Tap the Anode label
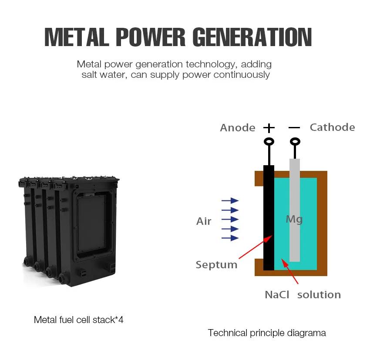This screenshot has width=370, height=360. pos(237,128)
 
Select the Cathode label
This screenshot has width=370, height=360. pos(332,127)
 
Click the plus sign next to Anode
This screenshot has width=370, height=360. pos(269,128)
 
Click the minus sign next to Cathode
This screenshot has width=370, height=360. pos(295,128)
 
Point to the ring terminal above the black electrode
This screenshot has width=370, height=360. pos(269,142)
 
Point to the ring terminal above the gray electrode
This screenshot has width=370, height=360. pos(295,142)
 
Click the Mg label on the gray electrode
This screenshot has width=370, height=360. pos(294,220)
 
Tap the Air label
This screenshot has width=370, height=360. pos(204,221)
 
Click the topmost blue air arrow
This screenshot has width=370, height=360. pos(230,200)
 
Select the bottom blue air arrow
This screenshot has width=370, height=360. pos(230,238)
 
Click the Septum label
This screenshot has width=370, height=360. pos(216,264)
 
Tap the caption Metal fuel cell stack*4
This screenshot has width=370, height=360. pos(79,320)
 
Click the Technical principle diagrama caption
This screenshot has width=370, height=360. pos(267,333)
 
